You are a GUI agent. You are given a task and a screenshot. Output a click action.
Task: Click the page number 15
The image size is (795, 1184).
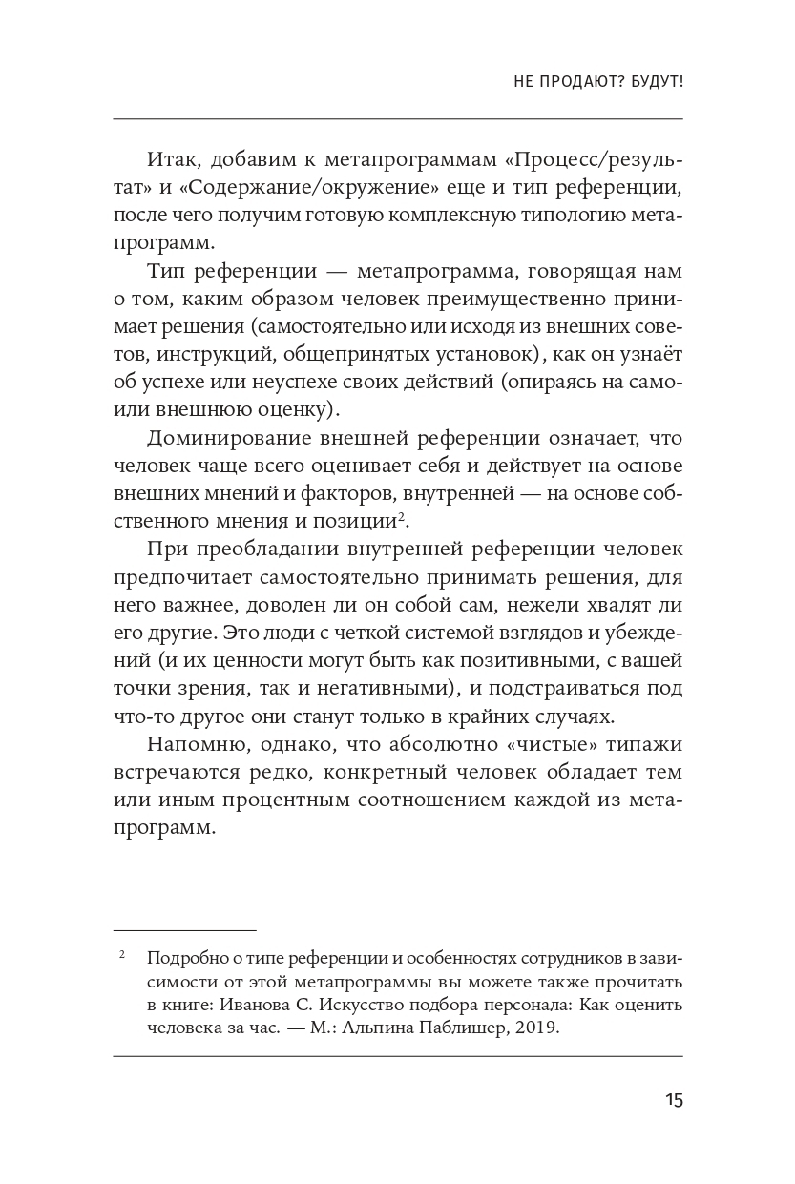click(674, 1100)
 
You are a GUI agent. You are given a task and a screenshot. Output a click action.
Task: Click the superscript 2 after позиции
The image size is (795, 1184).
click(402, 516)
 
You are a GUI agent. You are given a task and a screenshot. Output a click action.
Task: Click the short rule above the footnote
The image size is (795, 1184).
click(184, 929)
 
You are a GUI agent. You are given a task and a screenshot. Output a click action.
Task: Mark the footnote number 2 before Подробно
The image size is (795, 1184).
click(123, 954)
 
